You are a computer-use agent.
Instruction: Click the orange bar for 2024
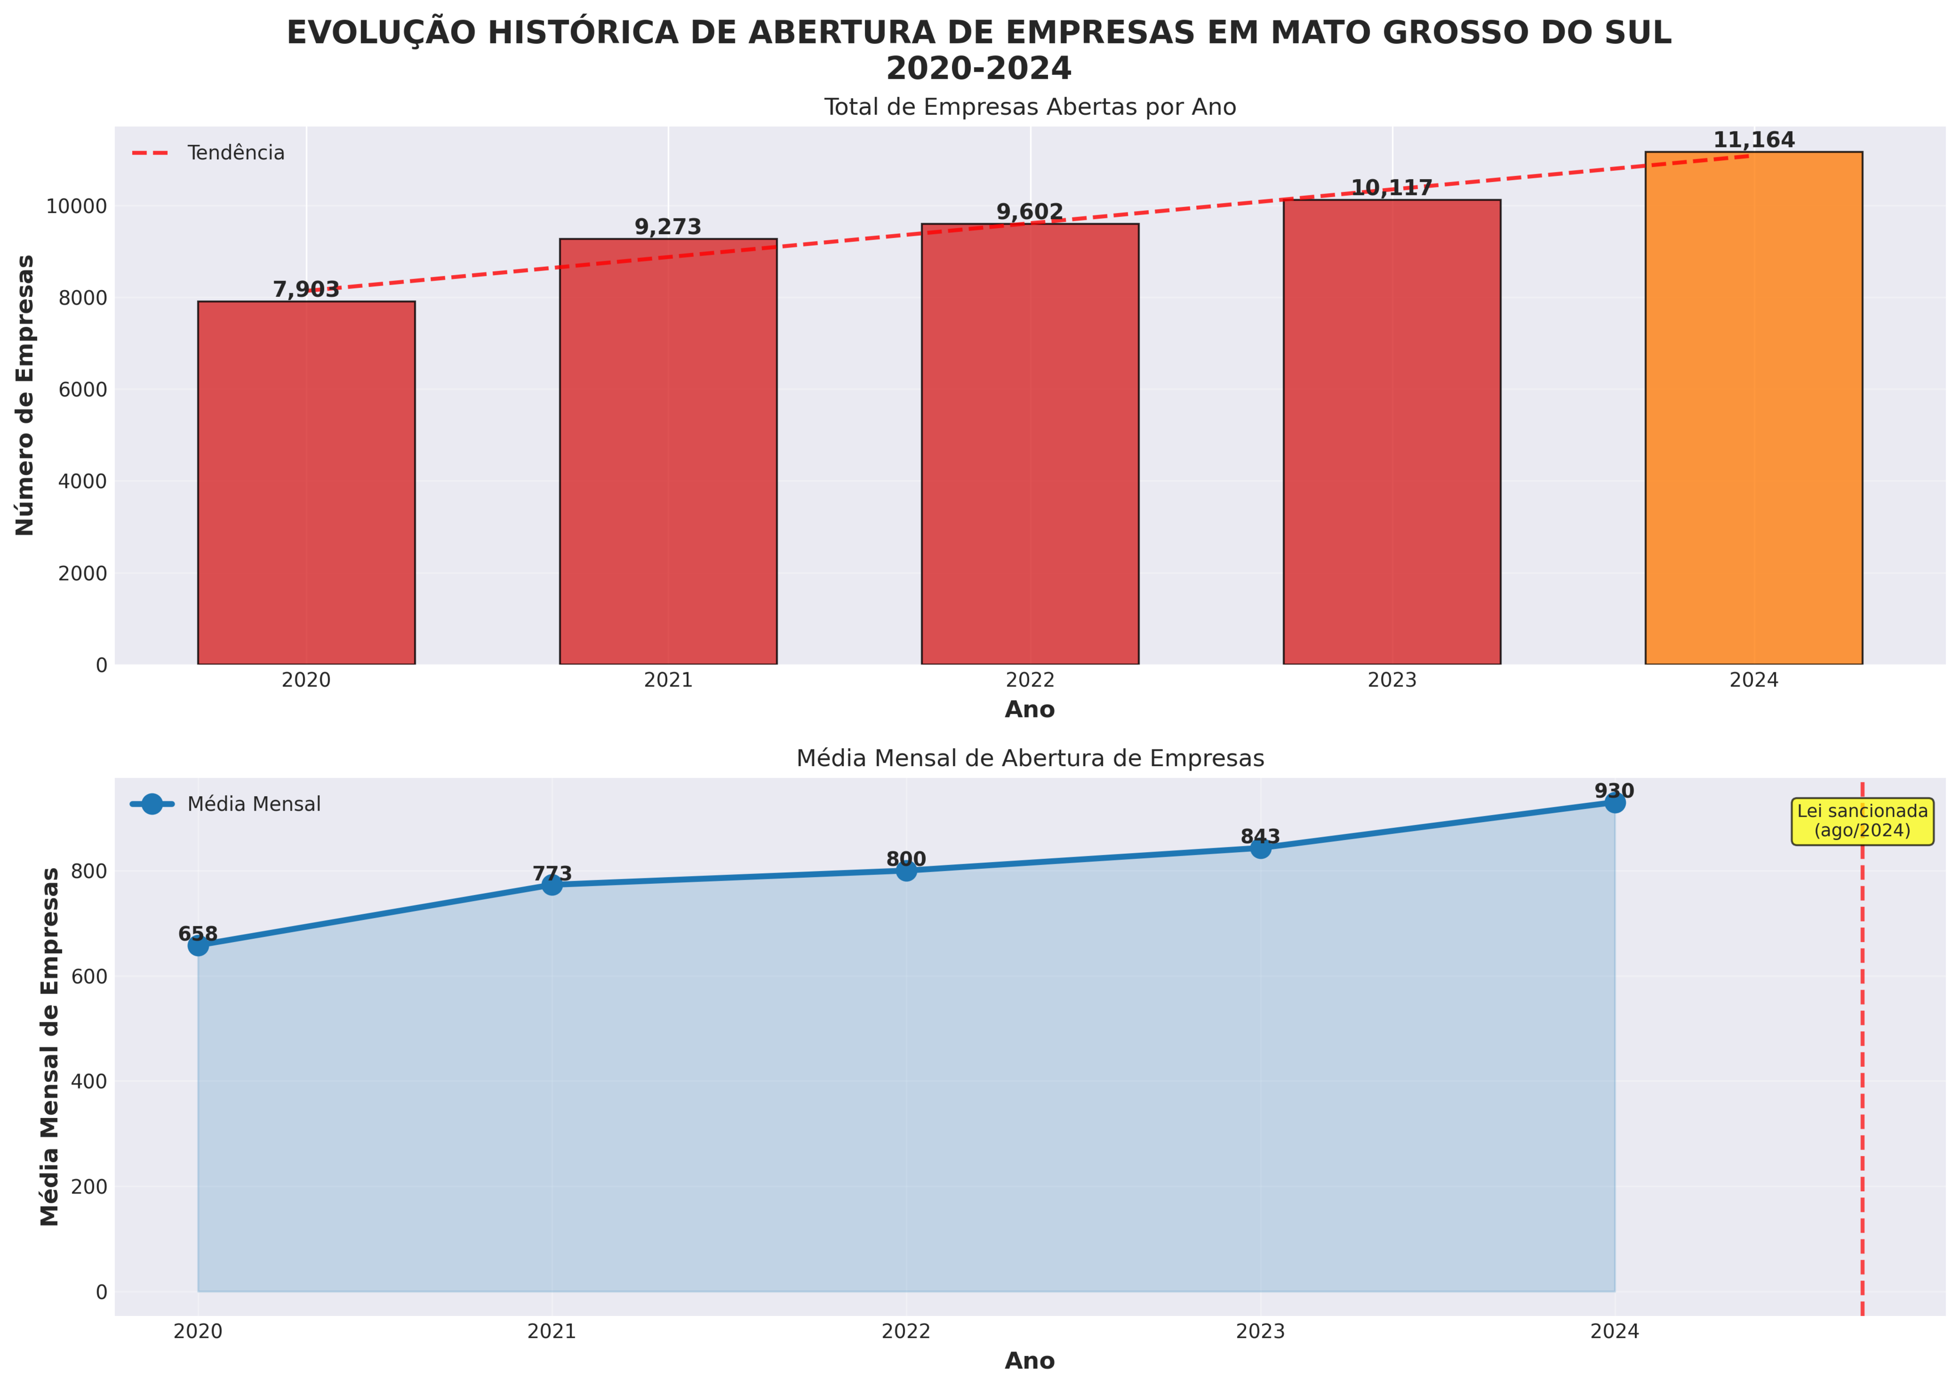click(1754, 408)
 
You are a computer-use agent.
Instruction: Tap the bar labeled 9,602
click(1030, 444)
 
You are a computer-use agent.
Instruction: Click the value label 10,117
click(1391, 189)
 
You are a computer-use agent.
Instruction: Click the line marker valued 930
click(1614, 802)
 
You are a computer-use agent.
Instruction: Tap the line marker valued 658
click(198, 945)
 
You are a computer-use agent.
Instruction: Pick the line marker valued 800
click(906, 870)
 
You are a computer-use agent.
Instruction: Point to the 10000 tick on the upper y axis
click(82, 207)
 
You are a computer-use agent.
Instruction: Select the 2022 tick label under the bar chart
click(1030, 681)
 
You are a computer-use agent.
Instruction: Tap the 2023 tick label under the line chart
click(1260, 1332)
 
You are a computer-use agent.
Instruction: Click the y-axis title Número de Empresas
click(26, 396)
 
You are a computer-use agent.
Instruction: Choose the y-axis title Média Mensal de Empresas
click(51, 1046)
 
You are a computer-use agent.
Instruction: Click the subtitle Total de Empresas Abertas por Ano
click(1030, 108)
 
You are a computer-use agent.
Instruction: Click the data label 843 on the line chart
click(1260, 837)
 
